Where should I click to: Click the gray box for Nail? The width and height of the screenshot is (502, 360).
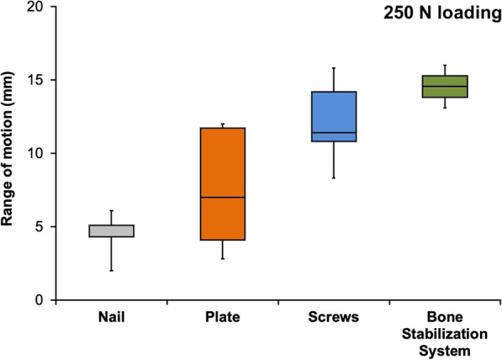pos(111,230)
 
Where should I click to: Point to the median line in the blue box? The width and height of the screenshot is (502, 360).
pos(334,133)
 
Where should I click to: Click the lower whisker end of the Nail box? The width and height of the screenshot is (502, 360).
pos(111,270)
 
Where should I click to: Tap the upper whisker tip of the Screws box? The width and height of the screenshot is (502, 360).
pos(334,68)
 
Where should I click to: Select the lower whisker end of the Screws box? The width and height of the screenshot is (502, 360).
pos(334,177)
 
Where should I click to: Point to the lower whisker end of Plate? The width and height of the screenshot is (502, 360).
pos(222,258)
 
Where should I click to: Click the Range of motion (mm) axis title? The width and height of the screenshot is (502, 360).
pos(10,154)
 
